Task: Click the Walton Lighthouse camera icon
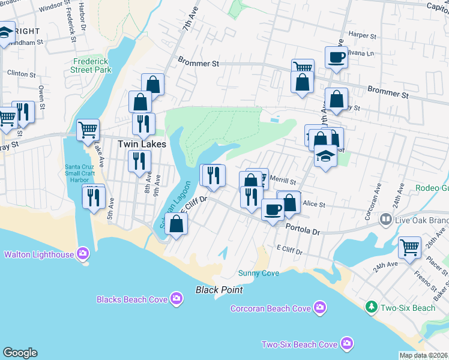83,254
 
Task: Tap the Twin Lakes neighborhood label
137,144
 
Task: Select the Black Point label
219,290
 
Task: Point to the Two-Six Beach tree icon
372,307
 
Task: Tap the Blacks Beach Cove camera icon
176,298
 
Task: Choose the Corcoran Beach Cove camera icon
320,308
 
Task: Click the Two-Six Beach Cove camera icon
346,344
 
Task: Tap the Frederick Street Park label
92,65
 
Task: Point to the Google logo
20,353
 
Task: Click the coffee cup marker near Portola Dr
273,210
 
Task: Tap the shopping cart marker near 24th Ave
409,247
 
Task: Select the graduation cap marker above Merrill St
325,157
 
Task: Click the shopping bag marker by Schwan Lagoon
176,224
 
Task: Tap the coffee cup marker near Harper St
336,58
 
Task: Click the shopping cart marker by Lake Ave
88,129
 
